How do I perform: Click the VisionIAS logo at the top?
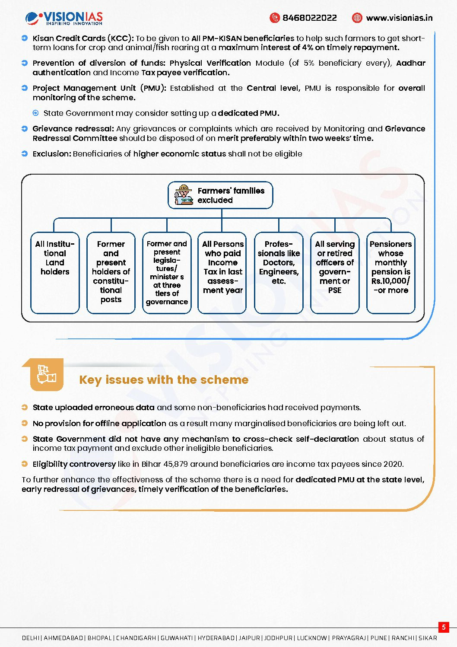click(64, 18)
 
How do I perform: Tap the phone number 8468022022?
click(309, 18)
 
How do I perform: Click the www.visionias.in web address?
click(399, 18)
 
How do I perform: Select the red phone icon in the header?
click(274, 18)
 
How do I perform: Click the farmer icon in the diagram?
click(184, 195)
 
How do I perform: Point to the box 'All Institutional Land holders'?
click(55, 273)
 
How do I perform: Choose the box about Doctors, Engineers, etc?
click(279, 273)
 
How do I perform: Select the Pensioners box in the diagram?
click(390, 273)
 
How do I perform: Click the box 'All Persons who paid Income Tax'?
click(222, 273)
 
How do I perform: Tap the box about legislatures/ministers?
click(167, 273)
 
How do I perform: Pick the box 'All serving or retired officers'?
click(335, 273)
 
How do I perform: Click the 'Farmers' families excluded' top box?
click(221, 195)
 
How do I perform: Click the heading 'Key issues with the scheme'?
click(164, 380)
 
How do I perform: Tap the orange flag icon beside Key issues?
click(47, 374)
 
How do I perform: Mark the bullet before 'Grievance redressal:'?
click(25, 129)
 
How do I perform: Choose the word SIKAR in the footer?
click(428, 638)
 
